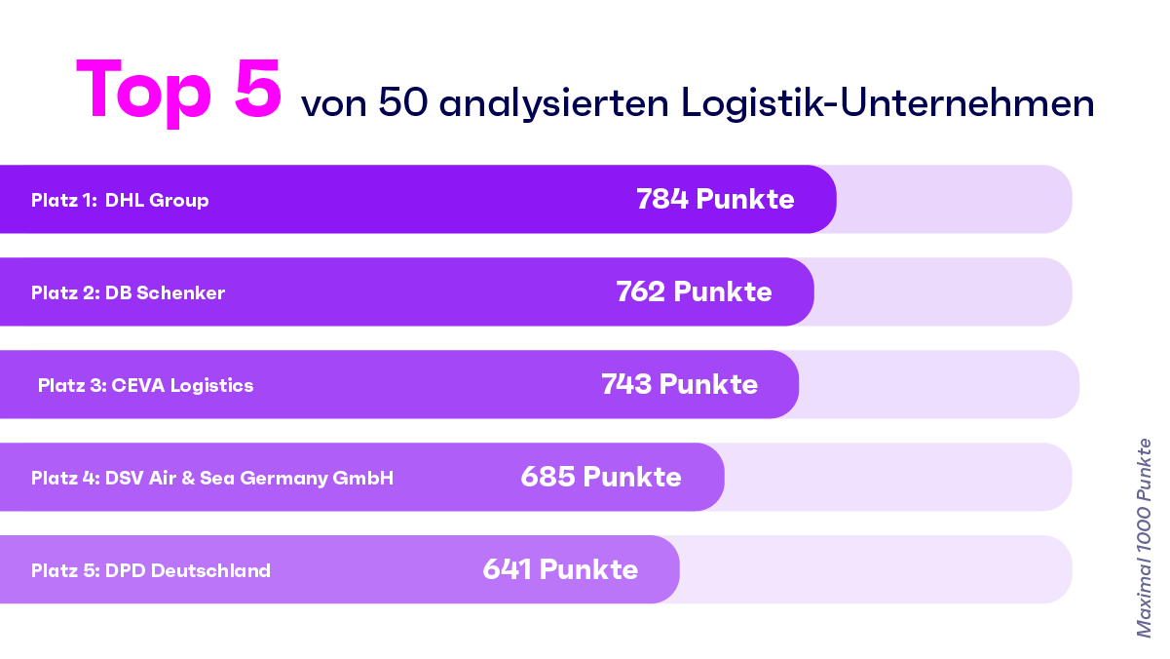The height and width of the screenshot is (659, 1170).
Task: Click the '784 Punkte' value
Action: coord(715,199)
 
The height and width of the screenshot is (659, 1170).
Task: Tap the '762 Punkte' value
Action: coord(694,291)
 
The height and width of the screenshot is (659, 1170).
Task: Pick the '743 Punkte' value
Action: coord(679,384)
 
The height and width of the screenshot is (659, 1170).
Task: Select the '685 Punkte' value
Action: coord(601,477)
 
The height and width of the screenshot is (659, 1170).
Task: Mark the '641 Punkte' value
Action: coord(560,569)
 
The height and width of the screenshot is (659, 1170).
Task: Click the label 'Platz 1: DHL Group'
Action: coord(120,201)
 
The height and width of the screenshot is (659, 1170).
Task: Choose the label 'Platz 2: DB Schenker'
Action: coord(128,293)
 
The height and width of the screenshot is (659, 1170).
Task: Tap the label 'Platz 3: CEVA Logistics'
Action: coord(145,386)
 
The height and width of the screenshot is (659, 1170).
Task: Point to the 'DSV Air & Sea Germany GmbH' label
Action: coord(250,479)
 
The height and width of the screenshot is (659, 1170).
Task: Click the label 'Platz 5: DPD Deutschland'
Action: coord(151,571)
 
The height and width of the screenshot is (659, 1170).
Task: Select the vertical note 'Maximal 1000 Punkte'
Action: coord(1144,537)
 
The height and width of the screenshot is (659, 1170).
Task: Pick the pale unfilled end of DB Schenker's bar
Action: coord(942,291)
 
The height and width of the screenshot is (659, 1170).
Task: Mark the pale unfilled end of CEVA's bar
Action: coord(938,384)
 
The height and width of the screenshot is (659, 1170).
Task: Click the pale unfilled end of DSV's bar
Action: coord(897,477)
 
